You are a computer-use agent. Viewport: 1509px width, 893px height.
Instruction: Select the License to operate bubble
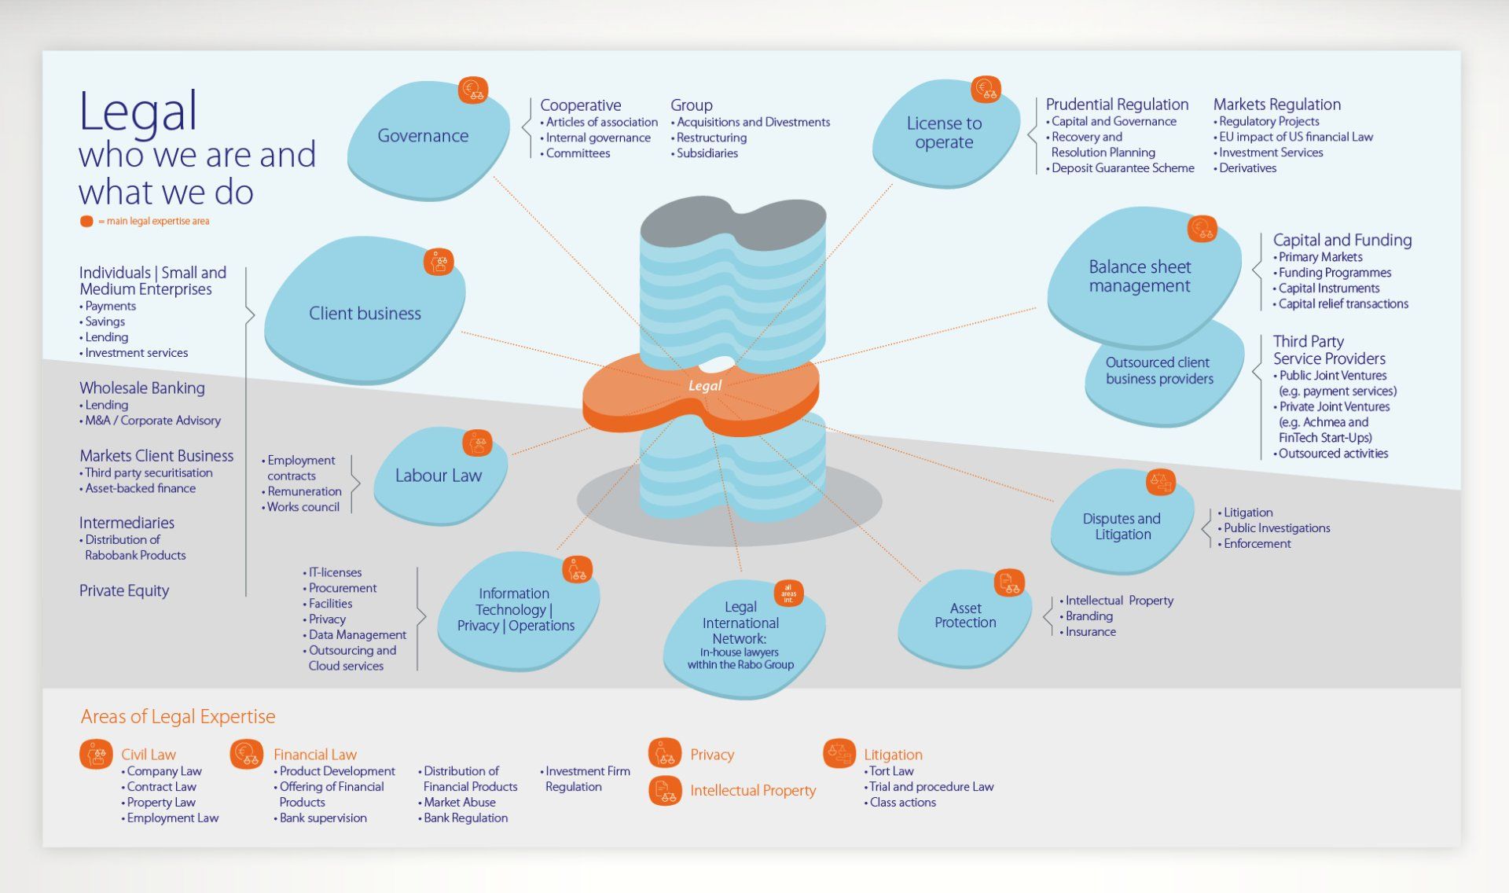point(945,134)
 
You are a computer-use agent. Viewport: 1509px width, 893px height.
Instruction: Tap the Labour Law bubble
point(439,476)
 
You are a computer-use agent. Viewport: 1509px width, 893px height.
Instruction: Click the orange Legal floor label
point(704,386)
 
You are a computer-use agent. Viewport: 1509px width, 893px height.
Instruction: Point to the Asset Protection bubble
point(965,616)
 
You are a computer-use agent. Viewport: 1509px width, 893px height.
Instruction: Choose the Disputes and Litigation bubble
point(1122,524)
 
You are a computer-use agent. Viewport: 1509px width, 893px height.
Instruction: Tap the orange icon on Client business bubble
point(439,262)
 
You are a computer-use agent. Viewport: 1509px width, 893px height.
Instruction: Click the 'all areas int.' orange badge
point(788,593)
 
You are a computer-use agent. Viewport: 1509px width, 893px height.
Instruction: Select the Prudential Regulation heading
point(1117,105)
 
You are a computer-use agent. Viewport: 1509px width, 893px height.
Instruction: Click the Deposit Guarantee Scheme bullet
point(1120,168)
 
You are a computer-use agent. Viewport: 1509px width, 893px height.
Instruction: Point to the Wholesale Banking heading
point(142,388)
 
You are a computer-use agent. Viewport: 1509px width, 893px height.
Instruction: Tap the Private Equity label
point(124,591)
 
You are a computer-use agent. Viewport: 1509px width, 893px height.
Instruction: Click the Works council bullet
point(301,507)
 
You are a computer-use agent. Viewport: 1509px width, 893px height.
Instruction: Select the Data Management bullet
point(354,635)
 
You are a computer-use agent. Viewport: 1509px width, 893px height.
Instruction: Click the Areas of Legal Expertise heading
point(178,717)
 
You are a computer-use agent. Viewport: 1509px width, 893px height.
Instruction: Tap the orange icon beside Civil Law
point(96,755)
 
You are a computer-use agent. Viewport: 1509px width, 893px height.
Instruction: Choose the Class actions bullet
point(900,803)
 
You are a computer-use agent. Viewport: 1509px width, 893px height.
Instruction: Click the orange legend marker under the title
point(86,222)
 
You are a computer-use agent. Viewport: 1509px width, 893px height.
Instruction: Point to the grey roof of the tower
point(732,224)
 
